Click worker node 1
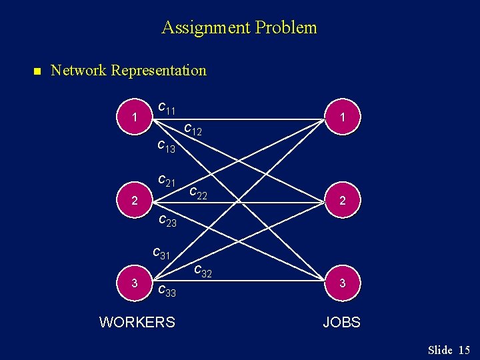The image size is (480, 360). (135, 117)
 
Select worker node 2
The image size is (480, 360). (135, 200)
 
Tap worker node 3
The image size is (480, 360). (135, 283)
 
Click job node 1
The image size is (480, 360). (342, 117)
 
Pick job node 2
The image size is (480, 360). (342, 200)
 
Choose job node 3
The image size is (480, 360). (342, 283)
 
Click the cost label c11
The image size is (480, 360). (167, 108)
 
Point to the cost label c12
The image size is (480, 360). (193, 129)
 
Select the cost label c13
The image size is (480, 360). (166, 147)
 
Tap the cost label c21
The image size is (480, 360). (167, 180)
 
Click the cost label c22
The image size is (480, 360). (199, 194)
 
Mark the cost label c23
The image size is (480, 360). (167, 221)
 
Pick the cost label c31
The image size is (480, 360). (161, 253)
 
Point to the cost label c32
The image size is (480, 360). (203, 271)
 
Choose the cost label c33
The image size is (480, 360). (167, 290)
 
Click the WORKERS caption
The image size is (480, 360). (137, 323)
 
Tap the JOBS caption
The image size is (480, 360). (341, 323)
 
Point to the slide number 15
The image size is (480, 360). (464, 350)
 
